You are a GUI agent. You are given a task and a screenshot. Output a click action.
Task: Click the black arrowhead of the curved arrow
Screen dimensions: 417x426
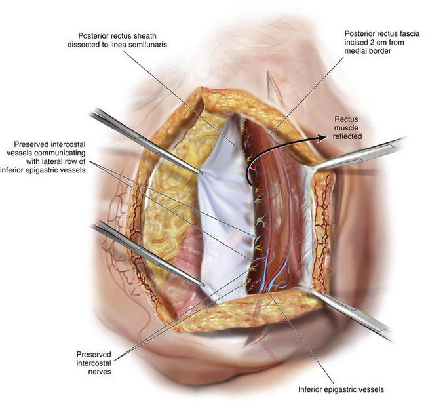[x=322, y=138]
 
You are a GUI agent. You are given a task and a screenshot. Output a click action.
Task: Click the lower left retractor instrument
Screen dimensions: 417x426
[x=147, y=253]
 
